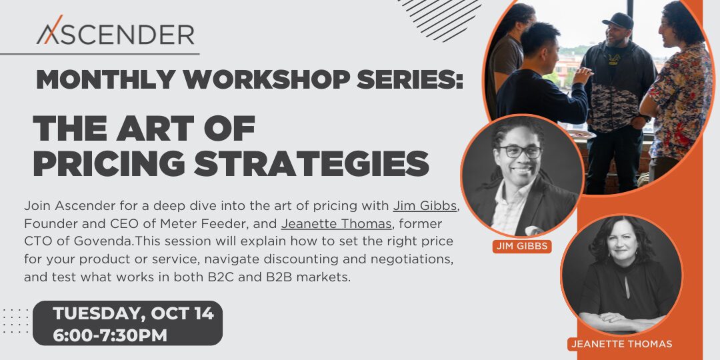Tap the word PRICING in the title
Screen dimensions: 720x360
(109, 163)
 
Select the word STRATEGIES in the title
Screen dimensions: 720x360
(311, 163)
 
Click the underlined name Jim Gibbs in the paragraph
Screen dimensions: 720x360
(425, 206)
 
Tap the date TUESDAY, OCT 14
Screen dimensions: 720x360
(133, 313)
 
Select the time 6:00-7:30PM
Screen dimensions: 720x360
(110, 335)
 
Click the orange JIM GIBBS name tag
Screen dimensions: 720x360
(522, 246)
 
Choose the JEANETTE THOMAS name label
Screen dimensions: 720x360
(621, 343)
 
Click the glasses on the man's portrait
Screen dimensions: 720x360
(520, 151)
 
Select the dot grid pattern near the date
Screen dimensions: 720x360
(15, 321)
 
